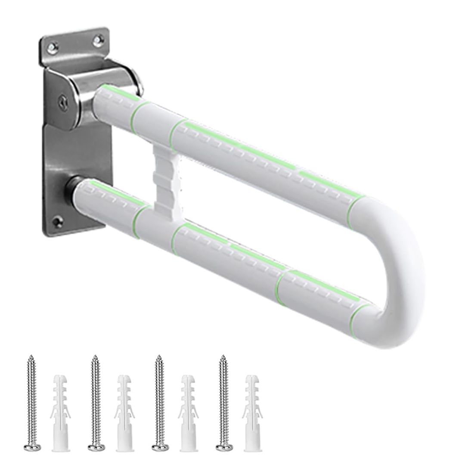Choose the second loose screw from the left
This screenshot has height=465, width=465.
(94, 400)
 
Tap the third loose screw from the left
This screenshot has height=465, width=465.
(158, 400)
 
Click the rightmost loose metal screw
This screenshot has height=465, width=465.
(222, 400)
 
